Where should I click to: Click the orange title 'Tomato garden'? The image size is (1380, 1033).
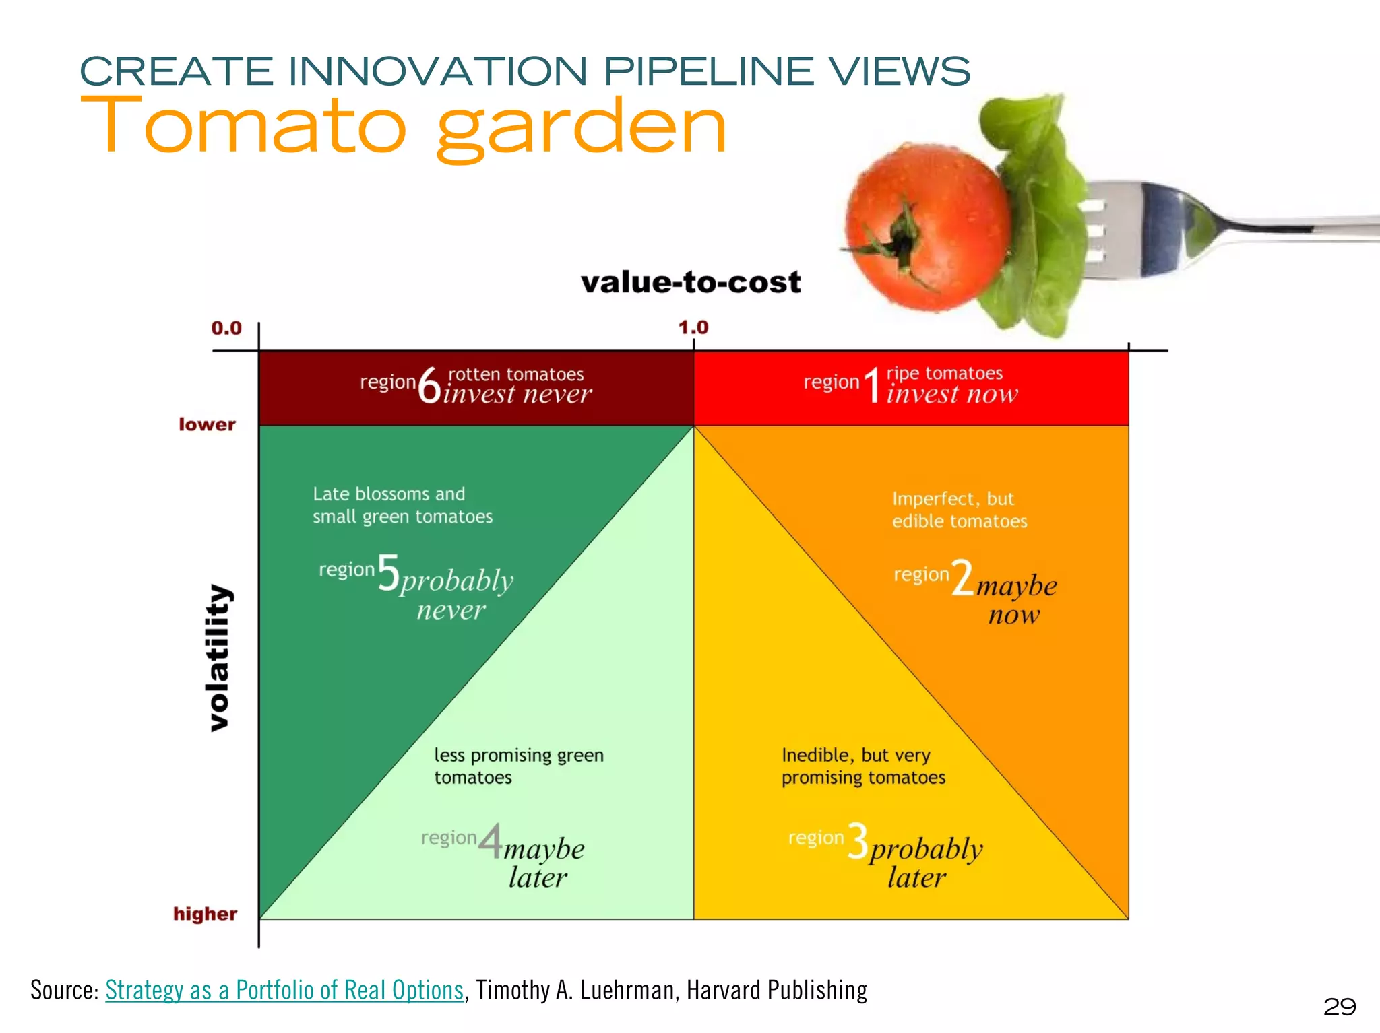tap(403, 127)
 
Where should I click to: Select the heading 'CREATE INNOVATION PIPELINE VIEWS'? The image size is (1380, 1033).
tap(525, 71)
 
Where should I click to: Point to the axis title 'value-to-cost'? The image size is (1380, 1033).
tap(691, 282)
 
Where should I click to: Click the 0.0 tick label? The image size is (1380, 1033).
tap(226, 329)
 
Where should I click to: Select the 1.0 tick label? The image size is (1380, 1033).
tap(693, 328)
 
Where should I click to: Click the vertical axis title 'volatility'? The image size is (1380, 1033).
tap(218, 657)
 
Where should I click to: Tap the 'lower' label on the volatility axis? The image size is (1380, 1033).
tap(207, 424)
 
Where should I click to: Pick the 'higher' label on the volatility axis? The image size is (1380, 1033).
tap(205, 914)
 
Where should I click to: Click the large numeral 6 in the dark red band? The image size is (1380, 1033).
tap(429, 386)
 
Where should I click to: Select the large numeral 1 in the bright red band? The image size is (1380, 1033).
tap(873, 385)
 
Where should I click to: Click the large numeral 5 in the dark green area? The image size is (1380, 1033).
tap(389, 573)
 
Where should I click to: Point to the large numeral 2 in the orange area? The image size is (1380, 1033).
tap(962, 578)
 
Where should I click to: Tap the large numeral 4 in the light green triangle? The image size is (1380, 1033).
tap(491, 841)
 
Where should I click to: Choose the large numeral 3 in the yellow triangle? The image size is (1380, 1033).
tap(858, 841)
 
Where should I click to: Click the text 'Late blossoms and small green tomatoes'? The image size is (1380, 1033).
tap(402, 505)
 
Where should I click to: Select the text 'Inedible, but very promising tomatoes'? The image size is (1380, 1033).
tap(863, 766)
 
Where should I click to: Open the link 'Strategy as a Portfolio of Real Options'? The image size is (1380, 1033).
tap(284, 990)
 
